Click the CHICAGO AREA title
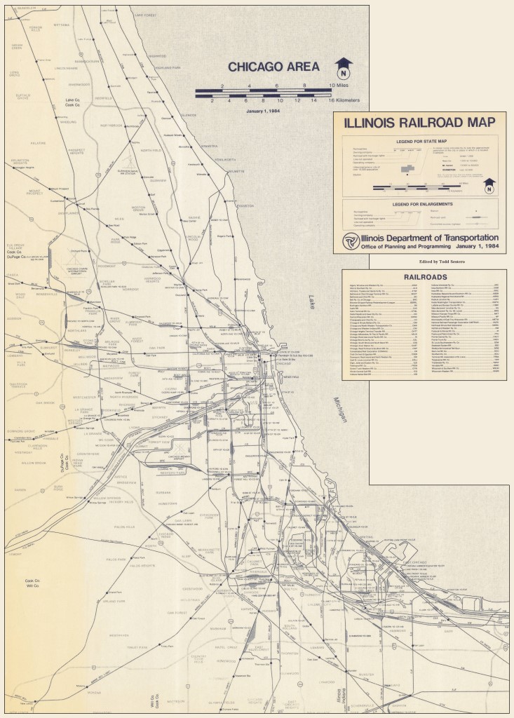[x=273, y=67]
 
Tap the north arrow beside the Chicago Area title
[x=344, y=69]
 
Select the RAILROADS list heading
[x=424, y=277]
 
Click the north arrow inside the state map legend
[x=489, y=187]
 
